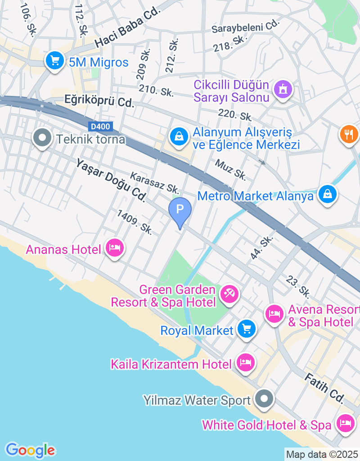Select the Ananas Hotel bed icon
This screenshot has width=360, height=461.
click(x=115, y=247)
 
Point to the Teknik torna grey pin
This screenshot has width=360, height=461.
click(x=43, y=139)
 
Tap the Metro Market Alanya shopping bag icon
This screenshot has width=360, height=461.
click(x=328, y=194)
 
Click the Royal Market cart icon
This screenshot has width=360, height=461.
click(x=246, y=329)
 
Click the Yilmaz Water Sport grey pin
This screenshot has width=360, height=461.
click(x=264, y=398)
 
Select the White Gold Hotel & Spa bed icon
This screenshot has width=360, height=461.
click(x=345, y=424)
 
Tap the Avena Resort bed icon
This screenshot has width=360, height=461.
click(x=274, y=313)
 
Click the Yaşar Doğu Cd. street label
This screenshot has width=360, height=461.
click(x=111, y=180)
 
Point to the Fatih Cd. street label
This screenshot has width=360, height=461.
click(x=324, y=389)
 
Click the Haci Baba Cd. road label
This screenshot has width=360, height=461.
click(x=128, y=29)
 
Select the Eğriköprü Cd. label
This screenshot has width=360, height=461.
click(x=99, y=100)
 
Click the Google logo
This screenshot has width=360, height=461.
click(x=30, y=450)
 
